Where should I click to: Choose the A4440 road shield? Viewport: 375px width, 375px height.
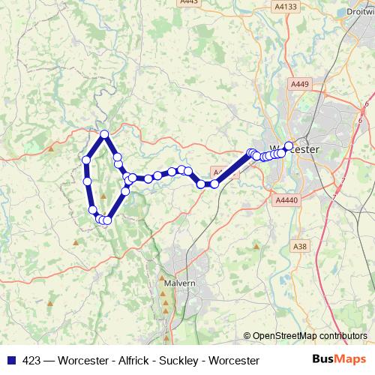point(286,200)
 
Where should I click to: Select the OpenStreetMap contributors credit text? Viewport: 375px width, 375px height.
point(310,336)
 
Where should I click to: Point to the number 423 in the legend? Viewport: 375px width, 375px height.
point(30,361)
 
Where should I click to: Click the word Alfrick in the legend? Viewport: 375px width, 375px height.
point(137,361)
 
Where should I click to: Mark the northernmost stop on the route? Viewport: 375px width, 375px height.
point(105,134)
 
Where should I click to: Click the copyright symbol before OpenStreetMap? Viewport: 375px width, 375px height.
point(247,336)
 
